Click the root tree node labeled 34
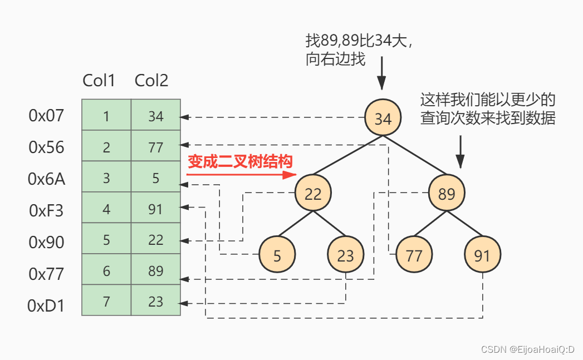pyautogui.click(x=383, y=119)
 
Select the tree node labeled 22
pyautogui.click(x=313, y=193)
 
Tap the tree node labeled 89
pyautogui.click(x=447, y=193)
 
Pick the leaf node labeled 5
pyautogui.click(x=277, y=255)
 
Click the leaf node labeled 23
pyautogui.click(x=345, y=255)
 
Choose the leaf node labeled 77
pyautogui.click(x=414, y=255)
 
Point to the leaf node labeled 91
pyautogui.click(x=482, y=255)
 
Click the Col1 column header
pyautogui.click(x=99, y=81)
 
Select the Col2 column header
pyautogui.click(x=151, y=81)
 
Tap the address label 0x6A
pyautogui.click(x=46, y=179)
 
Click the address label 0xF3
pyautogui.click(x=46, y=210)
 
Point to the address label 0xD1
pyautogui.click(x=46, y=305)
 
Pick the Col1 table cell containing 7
pyautogui.click(x=106, y=301)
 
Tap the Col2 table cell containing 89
pyautogui.click(x=156, y=270)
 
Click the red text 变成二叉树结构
pyautogui.click(x=239, y=161)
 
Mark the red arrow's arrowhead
pyautogui.click(x=289, y=175)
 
